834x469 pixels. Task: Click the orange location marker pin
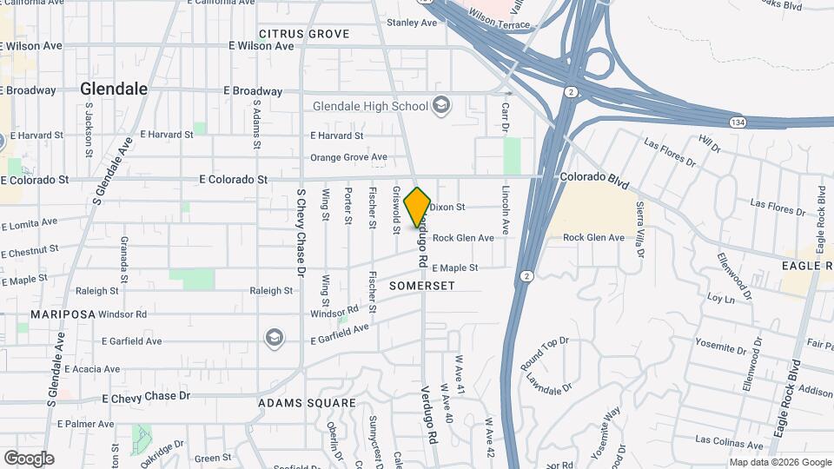coord(418,207)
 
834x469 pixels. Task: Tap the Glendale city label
coord(114,89)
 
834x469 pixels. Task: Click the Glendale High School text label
coord(371,106)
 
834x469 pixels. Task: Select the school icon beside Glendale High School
coord(441,106)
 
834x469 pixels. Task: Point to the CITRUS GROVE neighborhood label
coord(304,34)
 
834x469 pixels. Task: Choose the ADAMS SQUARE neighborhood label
coord(307,403)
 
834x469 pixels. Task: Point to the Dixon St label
coord(448,207)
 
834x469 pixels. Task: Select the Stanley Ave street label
coord(412,22)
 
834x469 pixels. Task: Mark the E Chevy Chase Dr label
coord(146,397)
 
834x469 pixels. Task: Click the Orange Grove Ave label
coord(348,157)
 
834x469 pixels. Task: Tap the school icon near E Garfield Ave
coord(274,337)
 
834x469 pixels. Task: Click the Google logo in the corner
coord(29,459)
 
